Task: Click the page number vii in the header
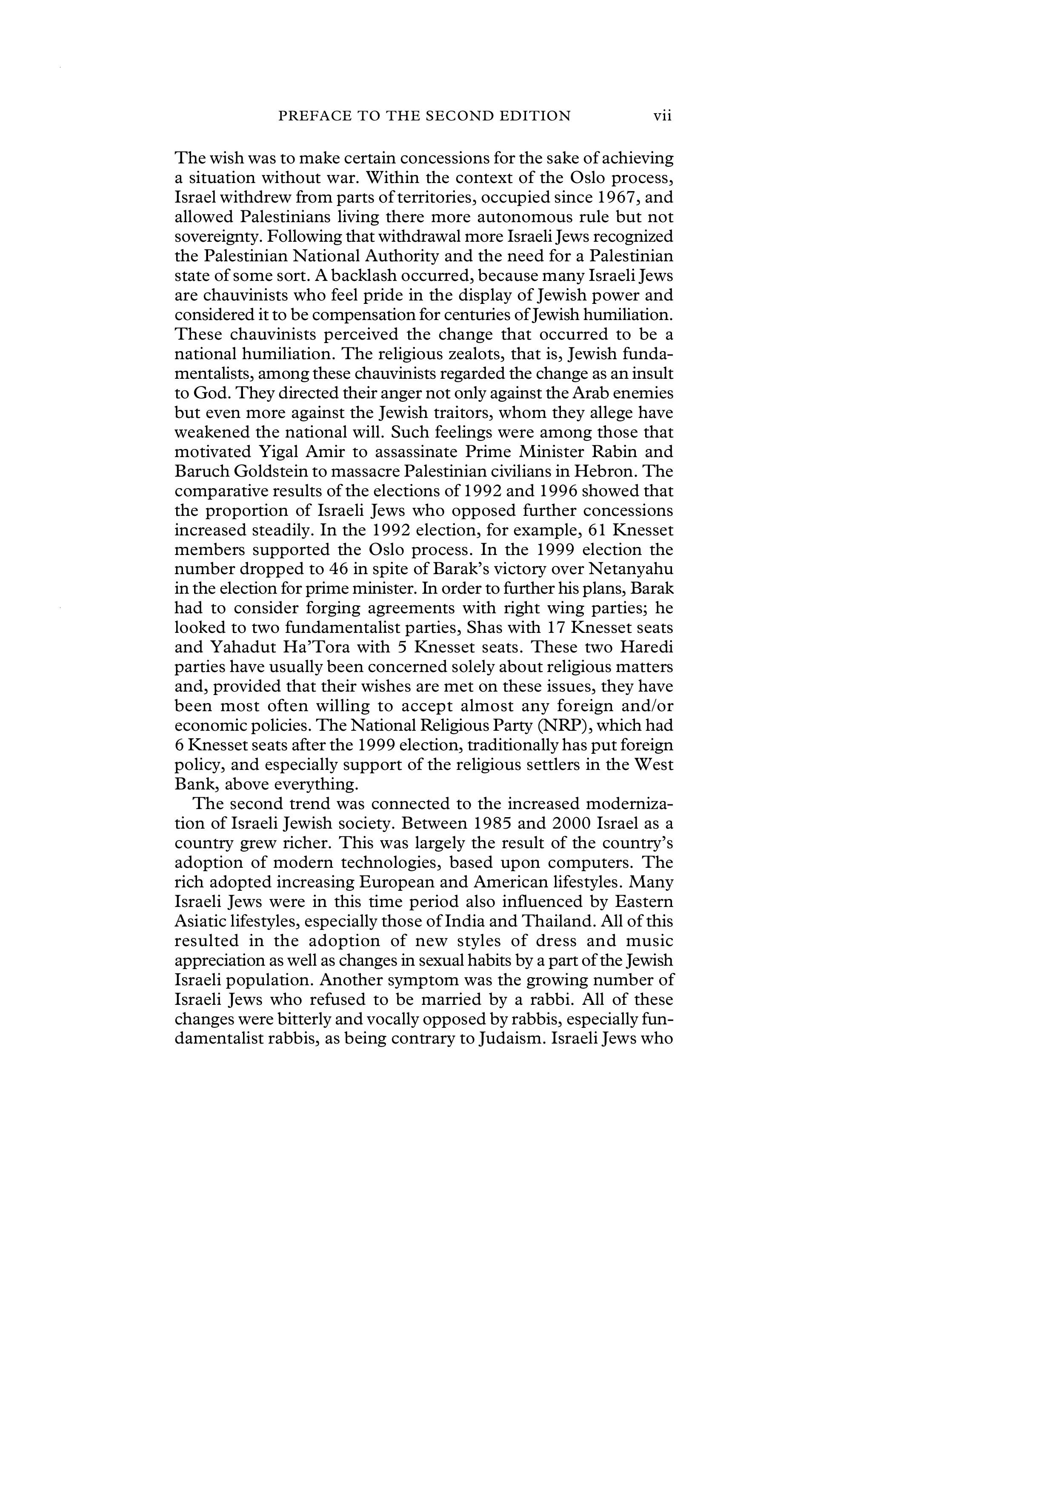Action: coord(662,116)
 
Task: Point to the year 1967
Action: coord(606,197)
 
